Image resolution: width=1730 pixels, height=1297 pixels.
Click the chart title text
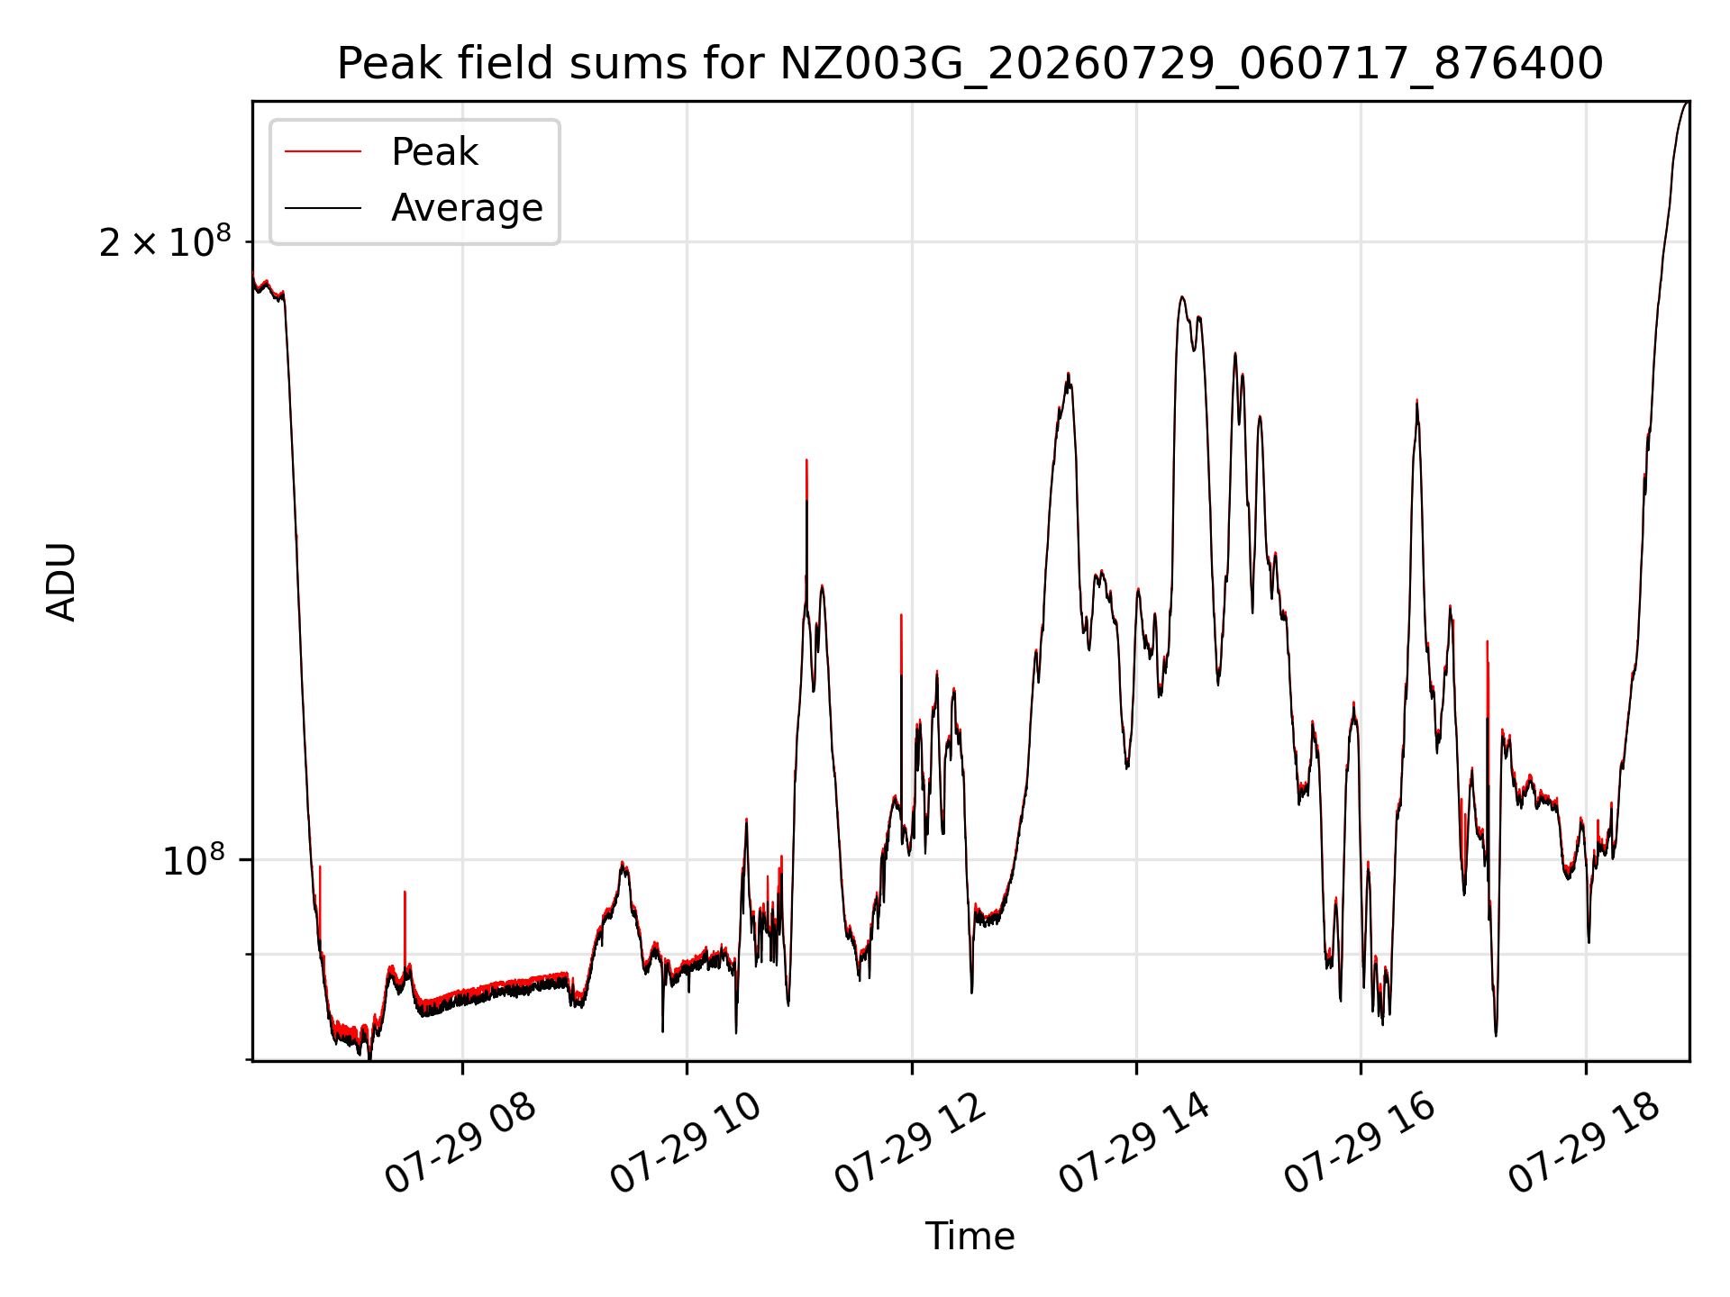point(970,64)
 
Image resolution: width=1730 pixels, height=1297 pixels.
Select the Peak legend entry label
point(434,152)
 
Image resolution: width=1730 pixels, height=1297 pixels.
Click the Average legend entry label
point(467,208)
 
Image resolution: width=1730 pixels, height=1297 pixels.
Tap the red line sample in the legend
point(323,152)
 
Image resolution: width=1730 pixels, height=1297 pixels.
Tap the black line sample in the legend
point(323,208)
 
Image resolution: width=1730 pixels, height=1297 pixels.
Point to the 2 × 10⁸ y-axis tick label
point(164,241)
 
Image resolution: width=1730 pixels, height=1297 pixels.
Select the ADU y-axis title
point(61,582)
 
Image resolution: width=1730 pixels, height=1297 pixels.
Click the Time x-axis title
point(970,1237)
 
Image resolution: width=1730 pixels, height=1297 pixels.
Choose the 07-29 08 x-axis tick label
point(461,1144)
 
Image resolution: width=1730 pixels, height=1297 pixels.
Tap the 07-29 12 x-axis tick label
point(911,1144)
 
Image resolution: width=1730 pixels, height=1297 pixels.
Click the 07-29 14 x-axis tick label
point(1135,1144)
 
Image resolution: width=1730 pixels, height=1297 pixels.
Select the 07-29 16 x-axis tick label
point(1360,1144)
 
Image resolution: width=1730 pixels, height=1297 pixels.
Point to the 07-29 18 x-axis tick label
point(1585,1144)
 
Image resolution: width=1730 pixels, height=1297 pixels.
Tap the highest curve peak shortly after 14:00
point(1181,297)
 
